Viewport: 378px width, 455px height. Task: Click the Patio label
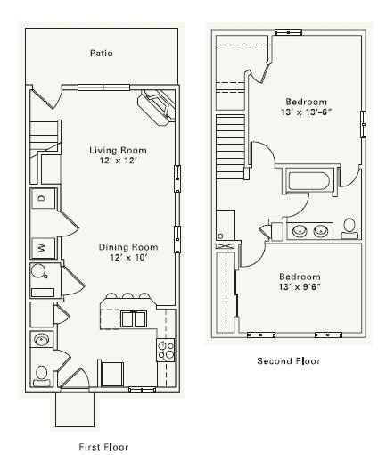point(102,54)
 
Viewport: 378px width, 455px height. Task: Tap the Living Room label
point(118,150)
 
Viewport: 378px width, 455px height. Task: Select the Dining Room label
point(128,247)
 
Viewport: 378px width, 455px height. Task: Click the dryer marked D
point(43,198)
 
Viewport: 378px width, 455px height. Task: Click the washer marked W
point(43,247)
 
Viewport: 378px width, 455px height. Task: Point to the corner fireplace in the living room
point(156,107)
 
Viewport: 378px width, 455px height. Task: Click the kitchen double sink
point(134,319)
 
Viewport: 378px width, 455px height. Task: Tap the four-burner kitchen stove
point(166,350)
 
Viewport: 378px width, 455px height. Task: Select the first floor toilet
point(42,376)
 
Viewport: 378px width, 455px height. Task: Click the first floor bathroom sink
point(41,339)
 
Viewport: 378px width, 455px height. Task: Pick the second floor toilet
point(349,228)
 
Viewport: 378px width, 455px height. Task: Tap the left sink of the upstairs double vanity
point(300,230)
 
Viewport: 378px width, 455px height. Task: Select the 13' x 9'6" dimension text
point(300,287)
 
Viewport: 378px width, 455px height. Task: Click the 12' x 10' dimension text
point(128,258)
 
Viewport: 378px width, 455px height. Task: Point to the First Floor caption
point(103,447)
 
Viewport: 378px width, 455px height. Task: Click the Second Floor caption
point(289,361)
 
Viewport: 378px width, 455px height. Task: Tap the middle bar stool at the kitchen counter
point(127,295)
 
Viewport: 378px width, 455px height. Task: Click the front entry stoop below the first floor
point(75,409)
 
